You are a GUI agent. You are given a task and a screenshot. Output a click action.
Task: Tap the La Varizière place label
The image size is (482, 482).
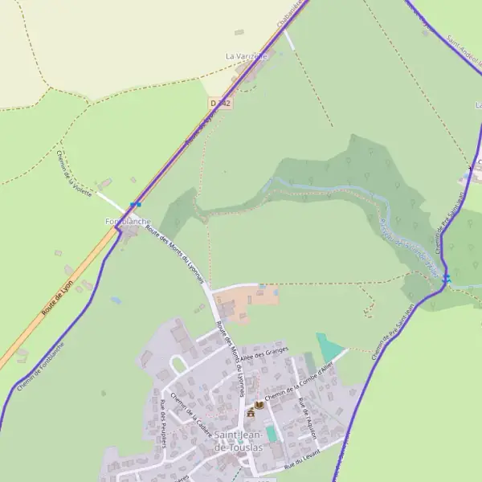click(246, 56)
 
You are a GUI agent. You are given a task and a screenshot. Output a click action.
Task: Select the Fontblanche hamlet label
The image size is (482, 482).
click(128, 221)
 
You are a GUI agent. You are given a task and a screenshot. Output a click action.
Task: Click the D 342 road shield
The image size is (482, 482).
click(220, 104)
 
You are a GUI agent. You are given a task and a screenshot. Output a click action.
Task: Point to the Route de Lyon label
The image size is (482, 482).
click(58, 296)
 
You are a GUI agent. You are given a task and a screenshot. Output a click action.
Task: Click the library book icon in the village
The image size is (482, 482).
click(259, 405)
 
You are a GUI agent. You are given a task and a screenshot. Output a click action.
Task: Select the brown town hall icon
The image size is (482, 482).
click(251, 412)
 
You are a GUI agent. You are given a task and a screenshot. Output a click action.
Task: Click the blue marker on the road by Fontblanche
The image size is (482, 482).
click(134, 205)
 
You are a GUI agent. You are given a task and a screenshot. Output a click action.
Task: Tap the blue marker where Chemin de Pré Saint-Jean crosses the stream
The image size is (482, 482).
click(446, 279)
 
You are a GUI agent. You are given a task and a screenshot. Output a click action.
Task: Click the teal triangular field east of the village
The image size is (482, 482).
click(328, 346)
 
